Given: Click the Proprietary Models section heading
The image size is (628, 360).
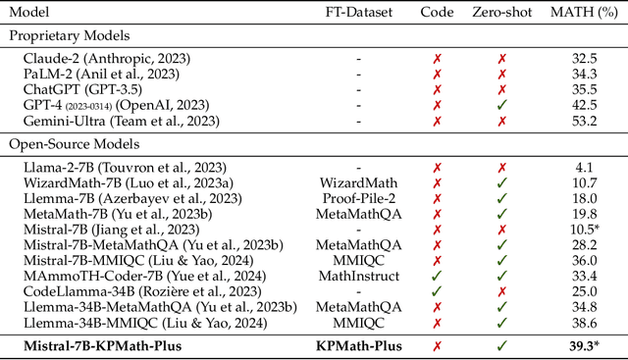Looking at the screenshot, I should (x=72, y=35).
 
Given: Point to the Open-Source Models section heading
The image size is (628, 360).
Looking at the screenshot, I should (x=72, y=143).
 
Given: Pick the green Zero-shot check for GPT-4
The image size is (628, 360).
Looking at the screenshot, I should (x=502, y=105).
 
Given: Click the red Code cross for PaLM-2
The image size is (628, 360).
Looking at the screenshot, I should (x=437, y=74).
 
